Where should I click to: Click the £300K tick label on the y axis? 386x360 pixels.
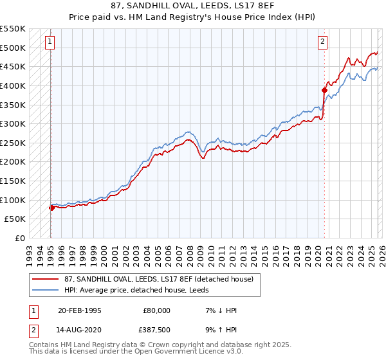tap(13, 123)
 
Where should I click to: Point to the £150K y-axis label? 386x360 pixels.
tap(13, 181)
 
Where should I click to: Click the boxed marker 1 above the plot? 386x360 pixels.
tap(50, 42)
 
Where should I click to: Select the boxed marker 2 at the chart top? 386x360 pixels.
tap(322, 42)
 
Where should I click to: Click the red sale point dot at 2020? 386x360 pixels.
tap(324, 91)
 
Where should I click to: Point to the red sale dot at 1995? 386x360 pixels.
tap(51, 208)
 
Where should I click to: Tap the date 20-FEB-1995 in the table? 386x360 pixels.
tap(80, 310)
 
